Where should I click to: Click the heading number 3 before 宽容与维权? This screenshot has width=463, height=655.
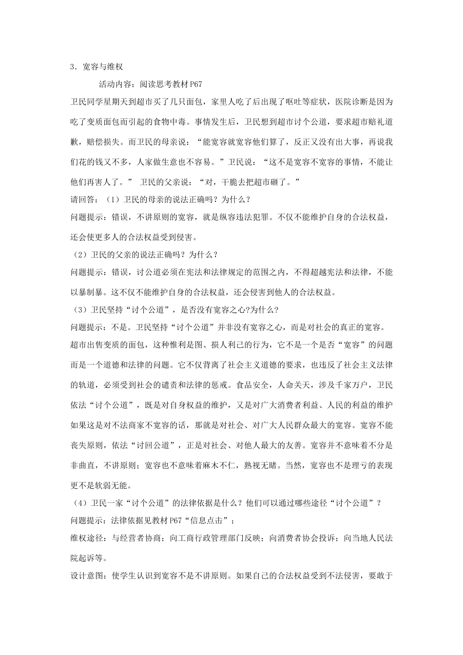coord(73,67)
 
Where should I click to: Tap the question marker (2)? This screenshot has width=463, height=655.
coord(77,254)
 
